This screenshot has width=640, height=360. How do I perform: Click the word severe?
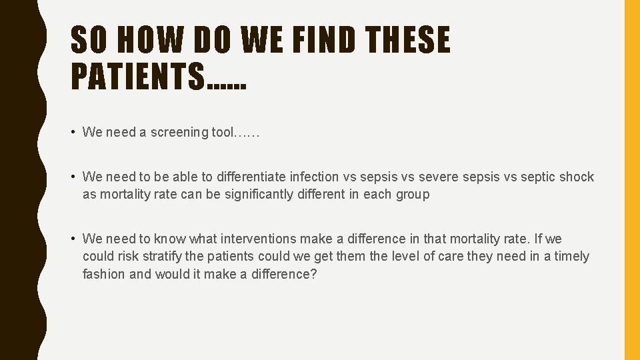[438, 177]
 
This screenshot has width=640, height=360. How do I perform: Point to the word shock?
[577, 177]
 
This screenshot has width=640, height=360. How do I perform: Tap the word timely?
[571, 257]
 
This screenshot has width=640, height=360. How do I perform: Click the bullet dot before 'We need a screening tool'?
[73, 132]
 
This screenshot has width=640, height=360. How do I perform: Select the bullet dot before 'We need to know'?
[73, 239]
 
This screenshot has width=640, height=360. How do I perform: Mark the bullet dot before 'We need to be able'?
[73, 177]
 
